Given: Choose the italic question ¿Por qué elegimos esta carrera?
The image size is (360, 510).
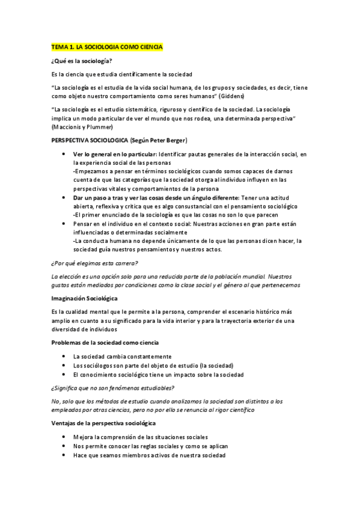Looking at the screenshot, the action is click(94, 263).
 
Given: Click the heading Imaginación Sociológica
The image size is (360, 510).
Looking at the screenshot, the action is click(84, 298).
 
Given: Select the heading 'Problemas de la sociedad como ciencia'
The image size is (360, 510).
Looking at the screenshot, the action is click(105, 342).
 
